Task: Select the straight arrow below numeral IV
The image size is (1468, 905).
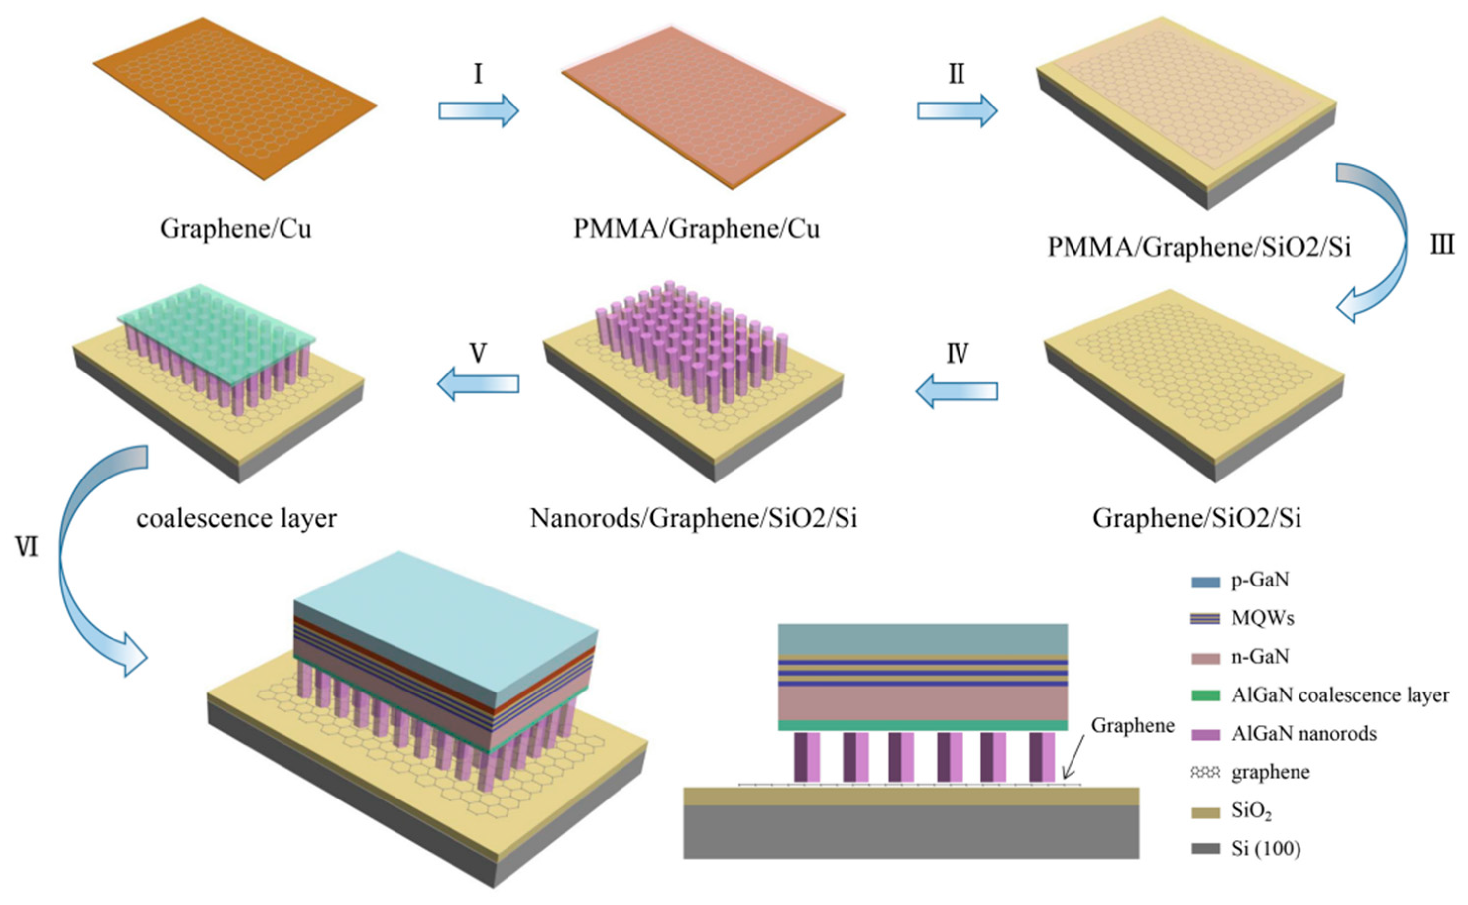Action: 957,391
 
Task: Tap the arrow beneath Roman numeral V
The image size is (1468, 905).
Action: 478,384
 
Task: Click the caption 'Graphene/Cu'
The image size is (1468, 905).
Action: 235,229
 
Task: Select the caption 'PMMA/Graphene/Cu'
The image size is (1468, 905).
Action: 696,229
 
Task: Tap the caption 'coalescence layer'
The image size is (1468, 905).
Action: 236,518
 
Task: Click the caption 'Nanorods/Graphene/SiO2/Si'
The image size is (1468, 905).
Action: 693,518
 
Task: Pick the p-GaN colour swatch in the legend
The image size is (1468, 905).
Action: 1205,581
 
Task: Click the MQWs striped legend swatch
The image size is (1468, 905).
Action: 1205,619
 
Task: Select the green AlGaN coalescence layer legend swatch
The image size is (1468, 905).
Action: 1205,695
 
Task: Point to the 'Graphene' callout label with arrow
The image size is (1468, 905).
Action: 1132,725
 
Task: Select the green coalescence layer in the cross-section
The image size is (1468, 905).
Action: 922,725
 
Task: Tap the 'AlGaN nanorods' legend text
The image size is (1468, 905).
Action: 1303,733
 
